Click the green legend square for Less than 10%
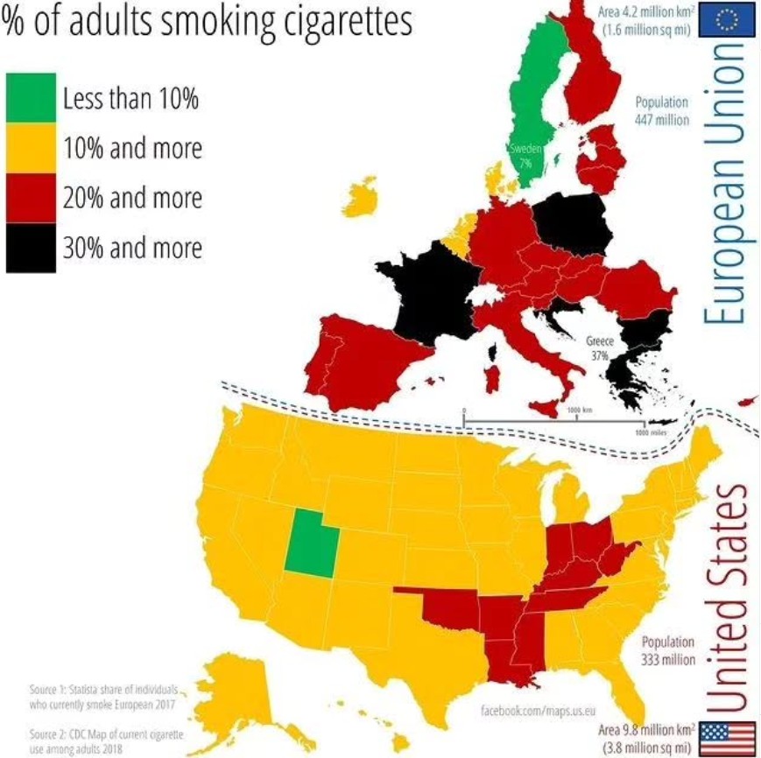[31, 98]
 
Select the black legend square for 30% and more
[31, 247]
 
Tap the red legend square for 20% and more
[31, 197]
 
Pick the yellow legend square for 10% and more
[31, 147]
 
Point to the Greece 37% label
[598, 348]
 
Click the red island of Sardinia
[493, 379]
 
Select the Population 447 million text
[662, 110]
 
